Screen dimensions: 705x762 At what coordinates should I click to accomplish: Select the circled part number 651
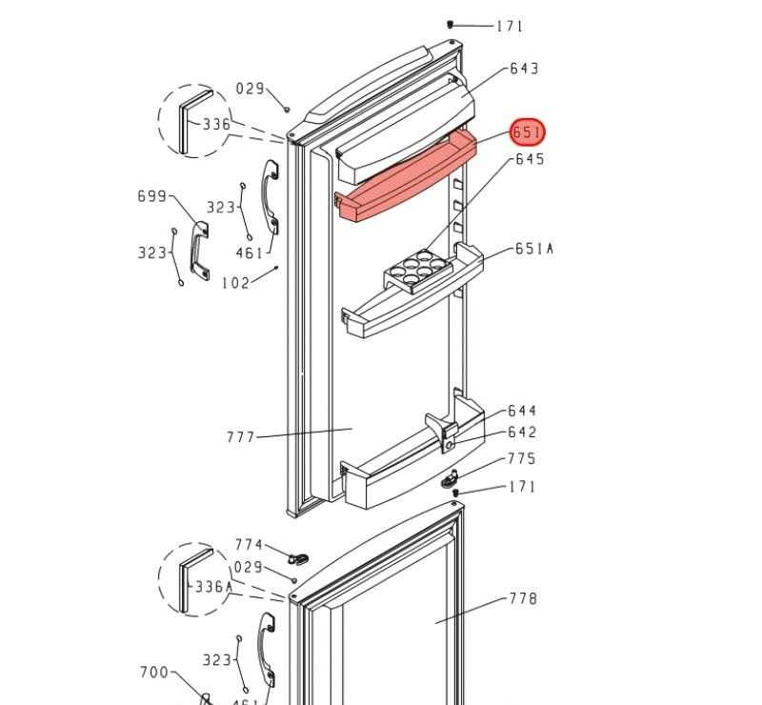528,132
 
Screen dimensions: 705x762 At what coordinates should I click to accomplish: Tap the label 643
524,69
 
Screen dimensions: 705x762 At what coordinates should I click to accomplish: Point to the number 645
530,159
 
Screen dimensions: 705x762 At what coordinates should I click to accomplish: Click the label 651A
533,249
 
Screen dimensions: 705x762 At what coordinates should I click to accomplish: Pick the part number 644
522,411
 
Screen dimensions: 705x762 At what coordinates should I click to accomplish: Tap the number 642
522,432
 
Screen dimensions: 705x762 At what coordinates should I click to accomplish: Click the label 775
521,458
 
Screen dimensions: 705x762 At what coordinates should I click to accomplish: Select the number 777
241,437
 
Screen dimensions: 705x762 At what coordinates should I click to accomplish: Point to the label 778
523,598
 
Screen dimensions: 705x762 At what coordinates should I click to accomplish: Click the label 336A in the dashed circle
213,587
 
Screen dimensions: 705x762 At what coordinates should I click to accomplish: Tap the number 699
152,196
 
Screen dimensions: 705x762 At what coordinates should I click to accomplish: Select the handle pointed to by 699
199,252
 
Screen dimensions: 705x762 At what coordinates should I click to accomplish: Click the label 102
235,283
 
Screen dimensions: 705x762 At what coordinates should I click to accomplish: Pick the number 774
249,545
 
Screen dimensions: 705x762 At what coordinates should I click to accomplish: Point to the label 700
154,673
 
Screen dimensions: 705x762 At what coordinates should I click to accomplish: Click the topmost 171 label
510,27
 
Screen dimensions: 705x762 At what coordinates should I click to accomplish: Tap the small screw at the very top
451,25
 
